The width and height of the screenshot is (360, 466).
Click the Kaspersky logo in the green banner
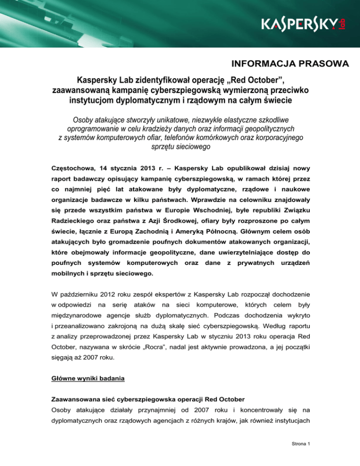click(x=300, y=25)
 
